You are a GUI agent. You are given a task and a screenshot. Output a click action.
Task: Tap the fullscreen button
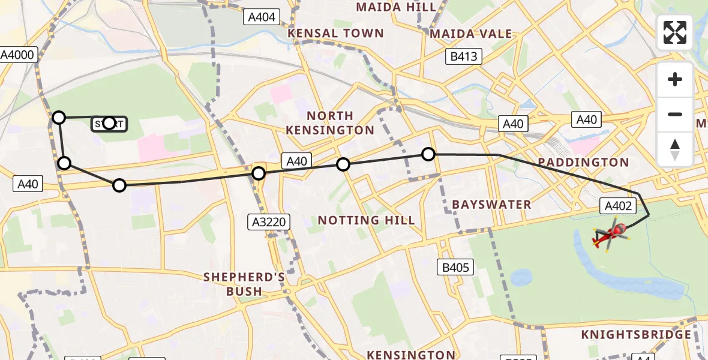pos(675,32)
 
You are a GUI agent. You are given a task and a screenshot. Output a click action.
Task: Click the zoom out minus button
pos(675,114)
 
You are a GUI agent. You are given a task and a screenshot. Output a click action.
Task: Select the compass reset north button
pos(675,149)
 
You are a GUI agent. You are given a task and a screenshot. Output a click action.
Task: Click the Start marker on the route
pos(109,124)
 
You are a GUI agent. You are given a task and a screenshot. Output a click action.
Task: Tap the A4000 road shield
pos(18,55)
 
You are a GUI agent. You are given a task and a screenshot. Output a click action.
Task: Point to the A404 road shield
pos(262,17)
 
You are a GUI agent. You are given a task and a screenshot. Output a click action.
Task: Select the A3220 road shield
pos(269,223)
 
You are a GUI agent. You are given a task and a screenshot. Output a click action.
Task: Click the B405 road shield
pos(455,267)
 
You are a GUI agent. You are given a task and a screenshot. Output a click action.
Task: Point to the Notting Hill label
pos(366,220)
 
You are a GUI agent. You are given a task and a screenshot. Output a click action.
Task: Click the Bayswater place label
pos(491,205)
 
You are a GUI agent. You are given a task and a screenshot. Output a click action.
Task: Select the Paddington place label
pos(583,162)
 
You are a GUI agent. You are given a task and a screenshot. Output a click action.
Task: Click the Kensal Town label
pos(335,34)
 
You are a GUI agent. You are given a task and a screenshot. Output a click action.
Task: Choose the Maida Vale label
pos(471,34)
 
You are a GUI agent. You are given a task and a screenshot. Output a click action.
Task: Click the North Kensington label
pos(329,122)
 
